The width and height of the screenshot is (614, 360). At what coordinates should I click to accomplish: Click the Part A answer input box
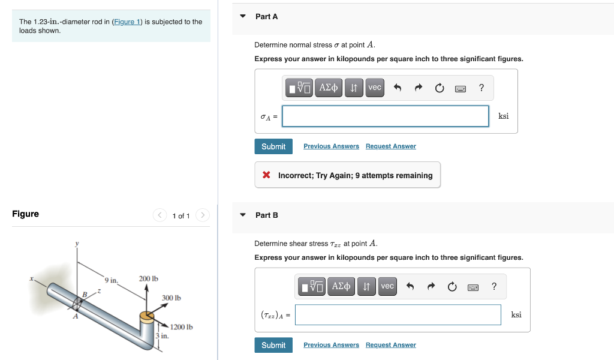[x=386, y=116]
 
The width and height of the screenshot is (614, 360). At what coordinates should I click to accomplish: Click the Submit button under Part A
[x=273, y=146]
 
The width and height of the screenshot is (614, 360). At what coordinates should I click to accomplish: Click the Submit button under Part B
[x=273, y=345]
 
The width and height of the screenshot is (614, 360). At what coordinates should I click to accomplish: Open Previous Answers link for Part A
[x=331, y=146]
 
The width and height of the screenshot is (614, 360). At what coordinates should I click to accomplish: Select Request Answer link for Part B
[x=390, y=345]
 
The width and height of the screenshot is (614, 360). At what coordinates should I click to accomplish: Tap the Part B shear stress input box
[x=398, y=314]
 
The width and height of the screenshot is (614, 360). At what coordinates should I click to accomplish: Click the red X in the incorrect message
[x=266, y=175]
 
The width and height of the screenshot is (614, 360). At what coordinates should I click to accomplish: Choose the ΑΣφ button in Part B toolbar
[x=341, y=286]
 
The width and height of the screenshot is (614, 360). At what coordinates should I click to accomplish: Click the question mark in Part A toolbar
[x=481, y=88]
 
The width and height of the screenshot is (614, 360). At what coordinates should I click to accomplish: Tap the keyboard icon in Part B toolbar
[x=474, y=287]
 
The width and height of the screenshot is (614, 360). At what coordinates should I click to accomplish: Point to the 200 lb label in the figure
[x=149, y=279]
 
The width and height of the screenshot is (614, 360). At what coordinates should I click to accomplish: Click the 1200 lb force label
[x=181, y=327]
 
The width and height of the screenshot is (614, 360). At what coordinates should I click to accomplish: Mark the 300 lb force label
[x=171, y=298]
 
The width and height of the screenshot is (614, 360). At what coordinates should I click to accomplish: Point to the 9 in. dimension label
[x=112, y=280]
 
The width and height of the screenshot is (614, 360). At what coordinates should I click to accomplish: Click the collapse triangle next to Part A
[x=243, y=16]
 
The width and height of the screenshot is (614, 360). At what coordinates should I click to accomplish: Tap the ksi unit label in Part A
[x=504, y=116]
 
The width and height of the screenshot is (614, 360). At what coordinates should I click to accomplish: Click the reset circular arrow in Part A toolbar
[x=440, y=88]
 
